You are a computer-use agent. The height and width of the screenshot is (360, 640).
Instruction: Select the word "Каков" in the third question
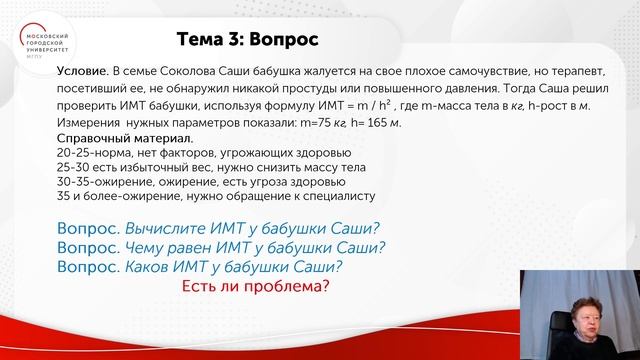(x=146, y=268)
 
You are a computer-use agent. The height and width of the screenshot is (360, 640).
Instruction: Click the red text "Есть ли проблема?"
(x=255, y=288)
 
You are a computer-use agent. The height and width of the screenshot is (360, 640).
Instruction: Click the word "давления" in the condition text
(x=425, y=90)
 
